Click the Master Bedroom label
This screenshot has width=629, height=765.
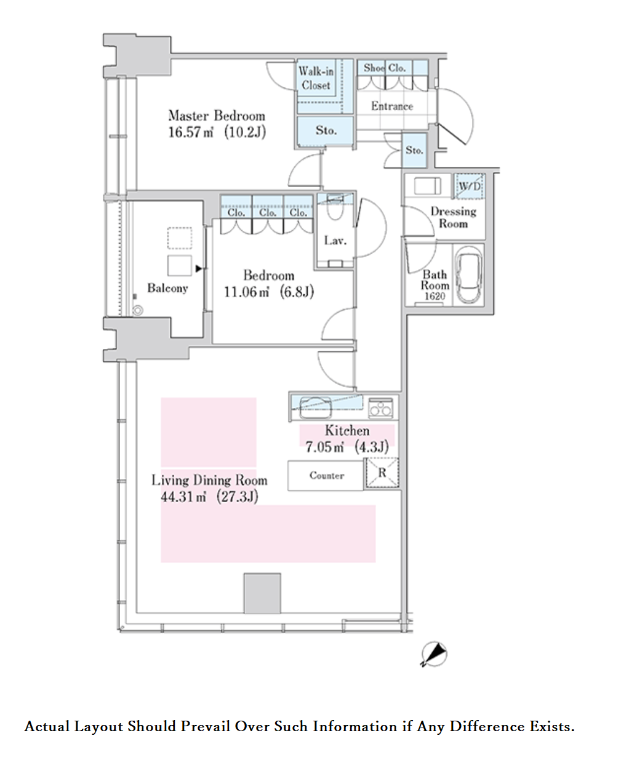click(x=217, y=116)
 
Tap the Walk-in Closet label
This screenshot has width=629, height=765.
click(x=316, y=78)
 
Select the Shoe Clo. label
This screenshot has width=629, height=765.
click(x=385, y=68)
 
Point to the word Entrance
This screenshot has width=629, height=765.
click(x=392, y=106)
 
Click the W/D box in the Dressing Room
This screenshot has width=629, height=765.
click(x=470, y=186)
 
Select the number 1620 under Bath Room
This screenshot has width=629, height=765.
click(x=435, y=297)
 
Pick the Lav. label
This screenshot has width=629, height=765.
click(x=335, y=241)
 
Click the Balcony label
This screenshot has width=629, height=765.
click(x=167, y=288)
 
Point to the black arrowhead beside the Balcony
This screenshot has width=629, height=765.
click(x=199, y=269)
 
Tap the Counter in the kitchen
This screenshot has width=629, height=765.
click(x=326, y=476)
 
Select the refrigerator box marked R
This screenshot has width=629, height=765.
click(x=382, y=473)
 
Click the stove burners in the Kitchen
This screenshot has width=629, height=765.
click(x=380, y=409)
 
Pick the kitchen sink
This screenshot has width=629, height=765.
click(x=315, y=407)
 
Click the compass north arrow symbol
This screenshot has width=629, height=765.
click(x=434, y=654)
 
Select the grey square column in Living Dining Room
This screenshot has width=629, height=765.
click(x=262, y=593)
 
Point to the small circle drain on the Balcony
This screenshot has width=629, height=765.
click(x=137, y=310)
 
